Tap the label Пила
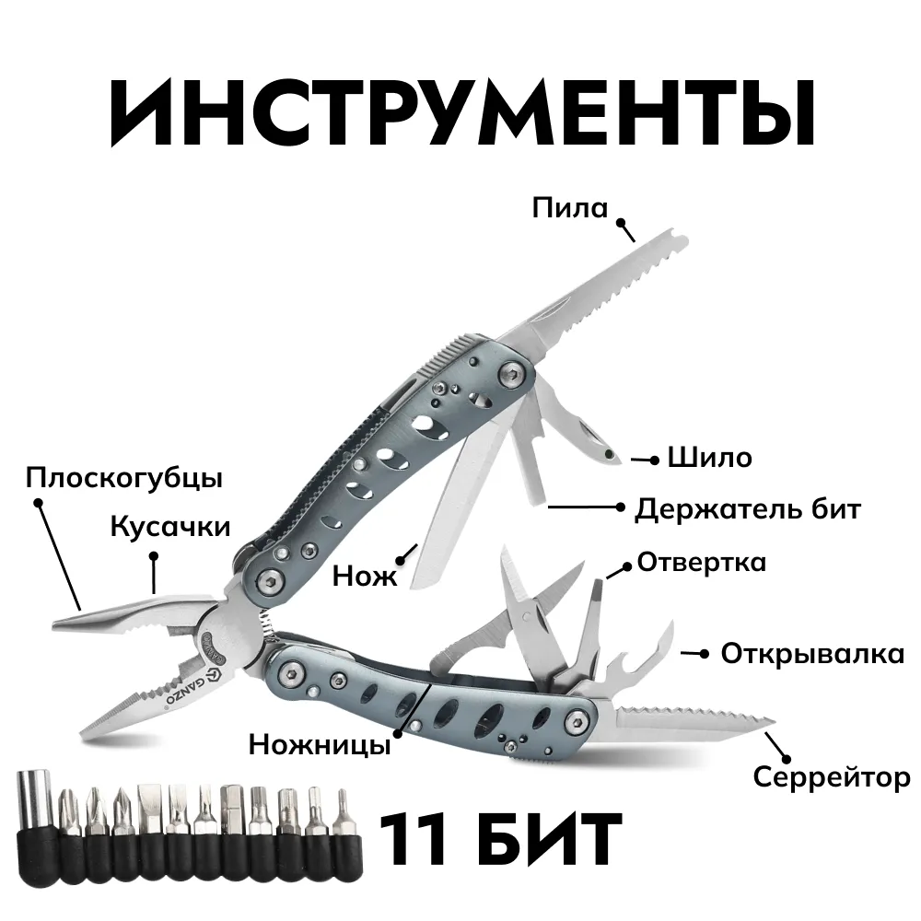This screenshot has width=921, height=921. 570,208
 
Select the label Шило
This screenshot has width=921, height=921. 709,458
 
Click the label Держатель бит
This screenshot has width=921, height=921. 748,508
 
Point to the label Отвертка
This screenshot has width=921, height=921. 702,562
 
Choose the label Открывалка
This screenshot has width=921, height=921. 812,654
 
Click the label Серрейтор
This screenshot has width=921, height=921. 832,777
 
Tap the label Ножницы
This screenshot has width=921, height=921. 320,745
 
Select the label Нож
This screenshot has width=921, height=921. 365,576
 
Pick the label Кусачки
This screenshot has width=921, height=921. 170,527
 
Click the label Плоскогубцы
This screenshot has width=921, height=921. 124,478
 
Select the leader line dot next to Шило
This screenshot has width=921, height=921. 654,460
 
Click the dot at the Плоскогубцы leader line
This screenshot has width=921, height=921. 38,503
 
